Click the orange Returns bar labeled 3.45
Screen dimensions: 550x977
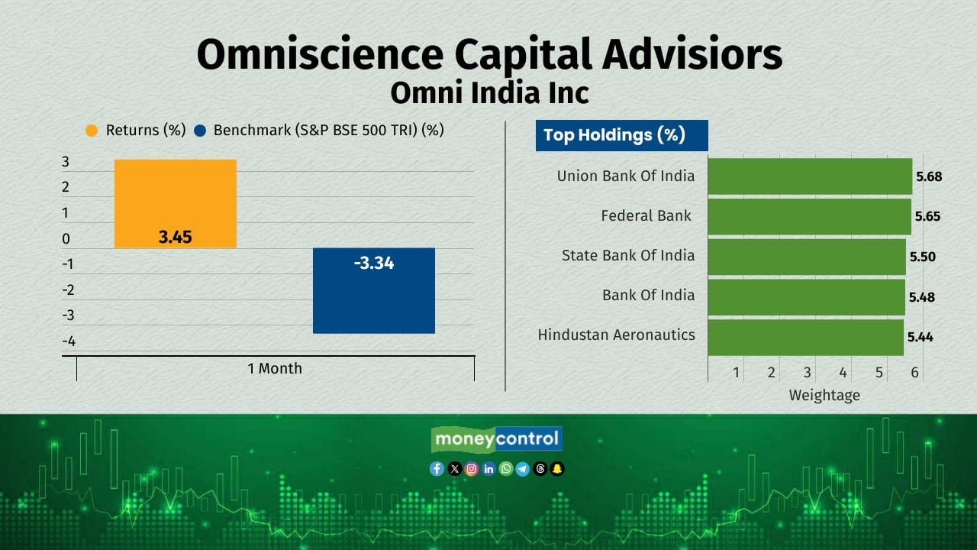click(176, 204)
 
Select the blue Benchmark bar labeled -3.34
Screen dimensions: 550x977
click(374, 291)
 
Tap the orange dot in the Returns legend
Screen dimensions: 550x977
click(92, 131)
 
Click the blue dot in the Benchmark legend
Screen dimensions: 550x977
click(201, 131)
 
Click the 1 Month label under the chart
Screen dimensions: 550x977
click(275, 368)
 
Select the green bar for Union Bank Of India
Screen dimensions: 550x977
click(810, 176)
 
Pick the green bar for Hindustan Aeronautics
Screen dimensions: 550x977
click(805, 337)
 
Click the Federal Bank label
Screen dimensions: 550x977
click(646, 216)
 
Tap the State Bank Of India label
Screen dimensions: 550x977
click(628, 255)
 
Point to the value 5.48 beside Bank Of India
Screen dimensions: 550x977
click(921, 297)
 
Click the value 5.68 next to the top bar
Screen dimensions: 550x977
click(928, 176)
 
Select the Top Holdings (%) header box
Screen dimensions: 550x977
click(621, 136)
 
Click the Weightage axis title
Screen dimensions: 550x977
click(824, 395)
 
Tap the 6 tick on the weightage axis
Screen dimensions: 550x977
click(914, 373)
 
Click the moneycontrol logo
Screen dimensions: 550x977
click(497, 439)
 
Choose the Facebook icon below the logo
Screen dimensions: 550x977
click(437, 469)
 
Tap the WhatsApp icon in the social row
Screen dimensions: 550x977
click(505, 469)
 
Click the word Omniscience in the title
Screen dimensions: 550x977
click(321, 55)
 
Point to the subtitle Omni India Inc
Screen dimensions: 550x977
click(489, 93)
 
